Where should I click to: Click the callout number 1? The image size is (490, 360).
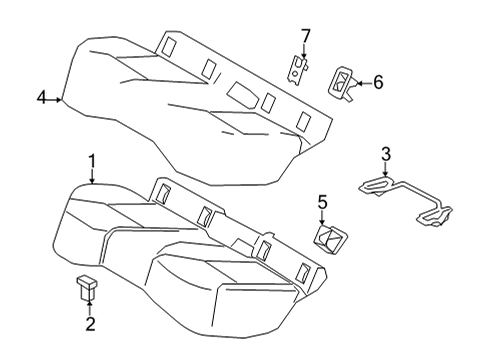pos(92,160)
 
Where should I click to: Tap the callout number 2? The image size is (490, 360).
pos(90,324)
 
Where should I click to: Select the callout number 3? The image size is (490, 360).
pos(385,153)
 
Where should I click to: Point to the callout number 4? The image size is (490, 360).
pos(42,97)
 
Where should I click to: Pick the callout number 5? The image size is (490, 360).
pos(323,203)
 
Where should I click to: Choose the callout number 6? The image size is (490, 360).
pos(378,83)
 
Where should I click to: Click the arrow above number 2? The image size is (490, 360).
pos(90,306)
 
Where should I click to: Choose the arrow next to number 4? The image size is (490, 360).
pos(56,98)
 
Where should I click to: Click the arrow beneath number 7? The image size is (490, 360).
pos(306,54)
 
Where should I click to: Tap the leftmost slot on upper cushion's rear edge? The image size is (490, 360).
pos(167,45)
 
